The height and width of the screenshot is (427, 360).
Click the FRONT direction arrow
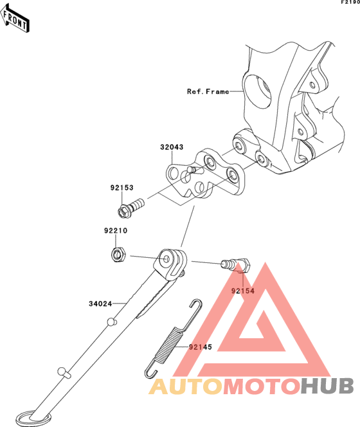[x=15, y=18]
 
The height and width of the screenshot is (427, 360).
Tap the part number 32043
[x=172, y=147]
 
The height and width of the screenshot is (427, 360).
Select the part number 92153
[x=122, y=188]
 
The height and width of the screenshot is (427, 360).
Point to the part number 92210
[x=116, y=231]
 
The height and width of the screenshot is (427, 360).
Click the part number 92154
[x=242, y=291]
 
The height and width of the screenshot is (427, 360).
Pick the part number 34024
[x=100, y=304]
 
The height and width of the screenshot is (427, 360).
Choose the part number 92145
[x=201, y=347]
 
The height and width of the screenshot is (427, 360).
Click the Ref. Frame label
[x=208, y=91]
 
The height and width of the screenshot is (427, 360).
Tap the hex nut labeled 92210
[x=118, y=255]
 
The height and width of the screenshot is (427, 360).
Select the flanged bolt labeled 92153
[x=130, y=208]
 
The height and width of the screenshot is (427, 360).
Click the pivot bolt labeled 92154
[x=236, y=265]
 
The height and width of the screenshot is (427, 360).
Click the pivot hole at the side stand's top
[x=166, y=259]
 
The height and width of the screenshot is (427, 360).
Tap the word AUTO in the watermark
[x=186, y=386]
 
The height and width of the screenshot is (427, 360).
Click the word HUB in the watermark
[x=327, y=386]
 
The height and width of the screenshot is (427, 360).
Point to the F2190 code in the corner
[x=351, y=2]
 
